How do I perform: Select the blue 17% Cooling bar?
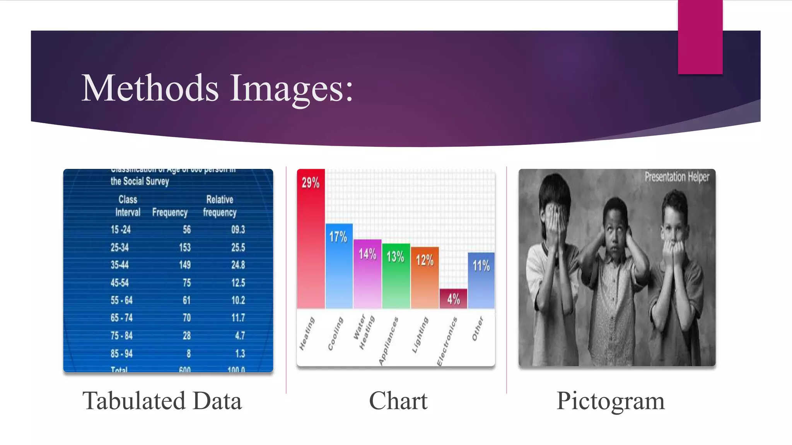[x=339, y=267]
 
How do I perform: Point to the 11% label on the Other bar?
[x=481, y=266]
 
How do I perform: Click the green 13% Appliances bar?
[x=396, y=276]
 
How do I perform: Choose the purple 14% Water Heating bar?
[x=367, y=274]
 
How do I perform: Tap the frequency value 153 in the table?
[x=185, y=247]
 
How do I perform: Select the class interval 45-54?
[x=119, y=283]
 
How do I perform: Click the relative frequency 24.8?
[x=238, y=265]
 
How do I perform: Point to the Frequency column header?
[x=170, y=212]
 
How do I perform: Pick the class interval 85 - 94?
[x=121, y=353]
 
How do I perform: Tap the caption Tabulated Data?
[x=162, y=401]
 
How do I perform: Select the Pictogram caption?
[x=611, y=401]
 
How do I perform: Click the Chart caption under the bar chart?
[x=398, y=401]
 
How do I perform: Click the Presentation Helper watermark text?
[x=677, y=177]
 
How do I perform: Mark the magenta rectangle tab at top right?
[x=700, y=37]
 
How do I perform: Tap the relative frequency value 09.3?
[x=238, y=230]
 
